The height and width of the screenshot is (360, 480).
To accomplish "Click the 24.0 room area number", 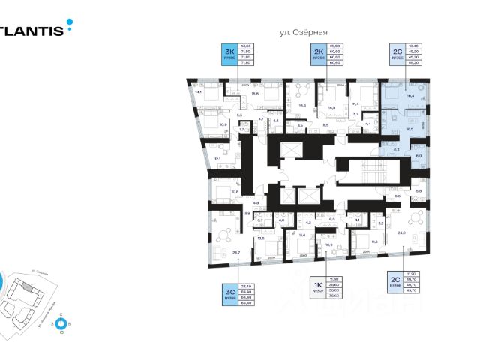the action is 402,233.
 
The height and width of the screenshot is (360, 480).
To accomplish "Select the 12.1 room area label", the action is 217,159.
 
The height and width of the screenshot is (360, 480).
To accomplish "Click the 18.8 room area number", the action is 255,94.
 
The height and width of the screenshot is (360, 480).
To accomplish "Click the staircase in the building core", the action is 367,174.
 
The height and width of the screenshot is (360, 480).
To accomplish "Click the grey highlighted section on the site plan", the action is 27,286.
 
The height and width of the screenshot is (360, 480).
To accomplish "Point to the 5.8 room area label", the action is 418,191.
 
